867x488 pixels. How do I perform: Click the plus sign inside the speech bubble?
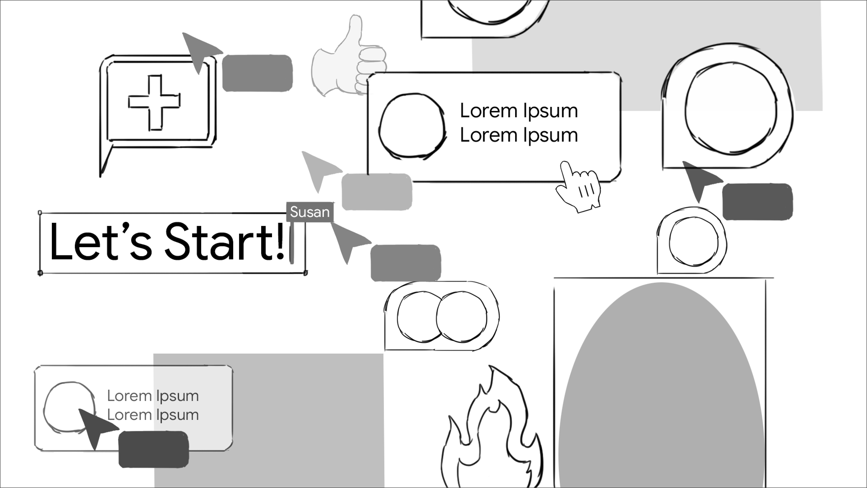pos(155,102)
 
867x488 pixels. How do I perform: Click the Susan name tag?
pos(309,212)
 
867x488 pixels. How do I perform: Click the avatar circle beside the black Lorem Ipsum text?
pos(412,126)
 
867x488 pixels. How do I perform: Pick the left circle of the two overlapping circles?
pos(417,317)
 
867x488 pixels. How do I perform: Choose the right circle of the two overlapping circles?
pos(462,317)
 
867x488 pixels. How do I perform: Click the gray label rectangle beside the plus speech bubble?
pos(257,73)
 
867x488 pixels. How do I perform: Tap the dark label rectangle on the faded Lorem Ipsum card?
pos(153,449)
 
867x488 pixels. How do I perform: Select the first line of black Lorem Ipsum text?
pos(519,111)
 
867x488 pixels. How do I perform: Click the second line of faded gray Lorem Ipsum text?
pos(153,415)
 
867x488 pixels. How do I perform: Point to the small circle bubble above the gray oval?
pos(693,242)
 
